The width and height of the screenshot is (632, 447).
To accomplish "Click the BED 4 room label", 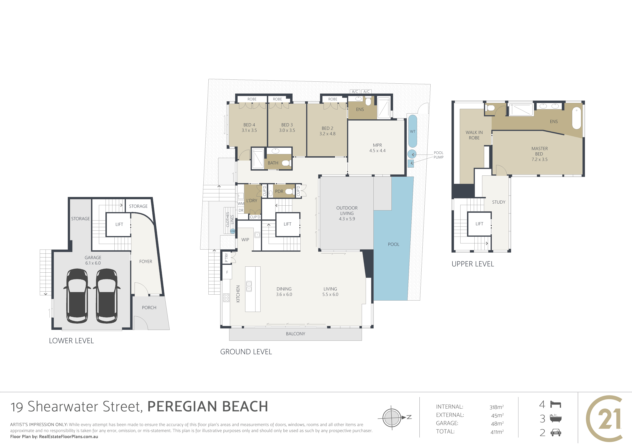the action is [x=249, y=125].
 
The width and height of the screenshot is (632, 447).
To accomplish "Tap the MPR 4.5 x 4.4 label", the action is [x=377, y=148].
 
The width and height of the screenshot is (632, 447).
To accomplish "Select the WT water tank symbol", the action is [x=412, y=131].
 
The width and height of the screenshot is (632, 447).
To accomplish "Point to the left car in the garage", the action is [x=77, y=296].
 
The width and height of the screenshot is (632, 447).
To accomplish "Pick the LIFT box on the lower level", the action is [x=119, y=224].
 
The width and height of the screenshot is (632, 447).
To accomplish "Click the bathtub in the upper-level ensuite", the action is [x=576, y=118].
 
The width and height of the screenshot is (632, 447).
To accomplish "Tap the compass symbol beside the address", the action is [x=392, y=418].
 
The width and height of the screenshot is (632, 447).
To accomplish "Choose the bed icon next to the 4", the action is [x=555, y=404].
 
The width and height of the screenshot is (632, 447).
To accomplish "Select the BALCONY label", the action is [x=295, y=334].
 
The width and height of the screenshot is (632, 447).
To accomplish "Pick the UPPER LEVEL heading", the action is [x=473, y=264].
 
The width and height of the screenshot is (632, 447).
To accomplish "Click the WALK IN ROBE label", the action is [x=474, y=135].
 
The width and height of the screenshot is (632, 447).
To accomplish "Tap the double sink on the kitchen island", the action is [x=249, y=286].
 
